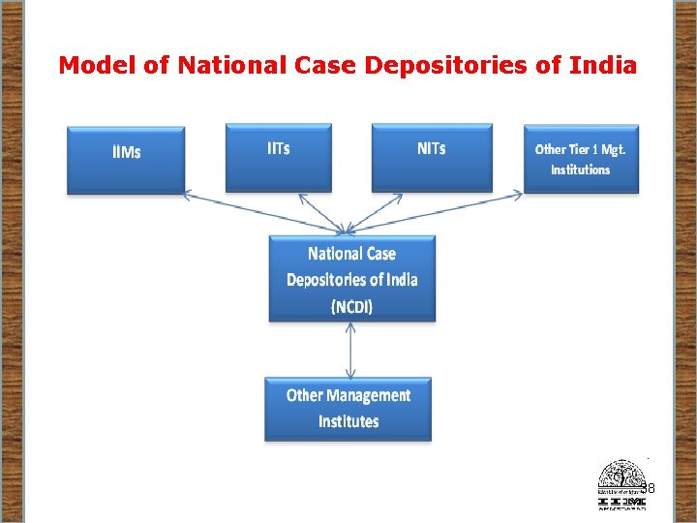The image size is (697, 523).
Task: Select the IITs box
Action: pos(279,156)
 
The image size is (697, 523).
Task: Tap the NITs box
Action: pos(432,156)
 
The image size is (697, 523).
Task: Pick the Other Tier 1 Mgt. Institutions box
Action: pos(581,159)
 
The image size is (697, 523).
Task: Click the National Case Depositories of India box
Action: pos(351,279)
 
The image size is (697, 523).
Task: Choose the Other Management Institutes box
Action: pos(348,409)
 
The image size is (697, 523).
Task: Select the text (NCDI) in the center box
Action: pos(351,306)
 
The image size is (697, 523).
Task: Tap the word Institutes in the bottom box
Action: pos(348,421)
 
